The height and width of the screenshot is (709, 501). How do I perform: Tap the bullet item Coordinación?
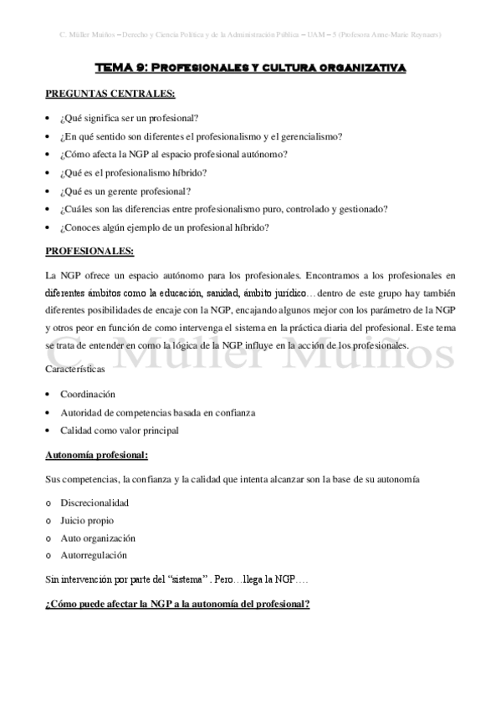(88, 394)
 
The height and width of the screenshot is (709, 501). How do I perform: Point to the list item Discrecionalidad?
(94, 503)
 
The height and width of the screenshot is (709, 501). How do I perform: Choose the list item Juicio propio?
(87, 520)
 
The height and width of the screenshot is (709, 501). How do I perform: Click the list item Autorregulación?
(94, 554)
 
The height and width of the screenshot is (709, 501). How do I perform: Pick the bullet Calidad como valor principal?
(119, 431)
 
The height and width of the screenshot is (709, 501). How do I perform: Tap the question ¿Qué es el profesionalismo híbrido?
(134, 172)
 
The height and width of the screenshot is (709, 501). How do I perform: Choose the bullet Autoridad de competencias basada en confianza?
(157, 412)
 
